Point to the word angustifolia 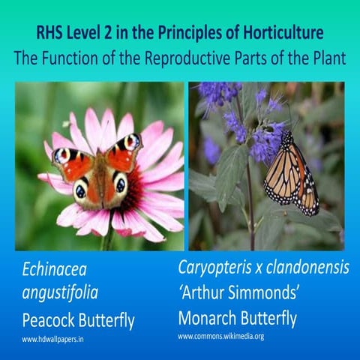click(x=64, y=295)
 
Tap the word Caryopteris click(x=220, y=267)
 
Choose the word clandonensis click(x=309, y=267)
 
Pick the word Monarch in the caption click(x=212, y=317)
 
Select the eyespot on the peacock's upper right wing click(x=131, y=142)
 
